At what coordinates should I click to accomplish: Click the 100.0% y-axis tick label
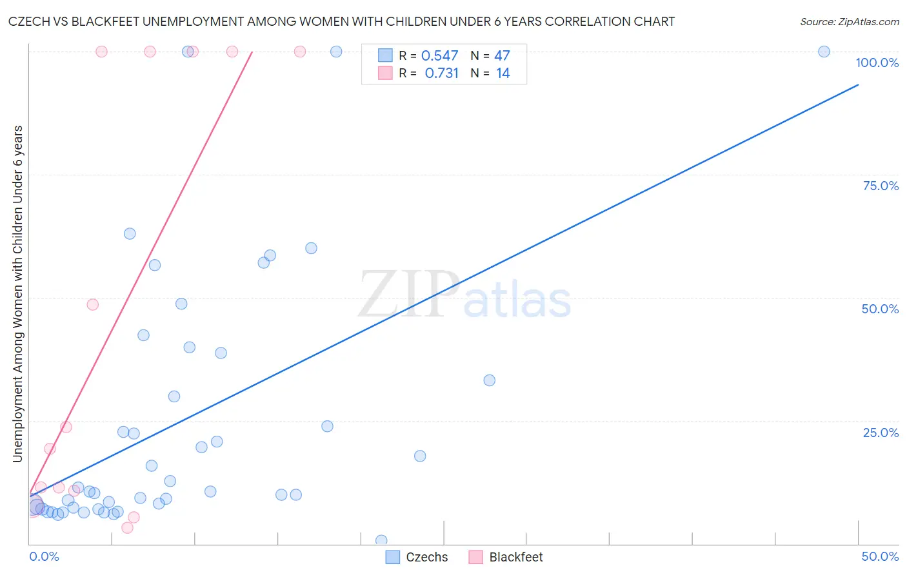point(877,63)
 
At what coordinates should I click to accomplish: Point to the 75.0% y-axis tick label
point(881,186)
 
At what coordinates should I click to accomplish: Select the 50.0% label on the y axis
point(880,309)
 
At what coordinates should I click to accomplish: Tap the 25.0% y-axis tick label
point(881,432)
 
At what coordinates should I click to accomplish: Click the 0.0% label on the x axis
point(44,556)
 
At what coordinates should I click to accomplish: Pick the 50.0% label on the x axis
point(880,556)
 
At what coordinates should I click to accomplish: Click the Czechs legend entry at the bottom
point(417,557)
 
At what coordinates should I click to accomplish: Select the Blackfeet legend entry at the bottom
point(506,557)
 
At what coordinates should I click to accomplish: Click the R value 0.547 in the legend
point(439,56)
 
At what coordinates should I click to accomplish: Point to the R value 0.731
point(441,73)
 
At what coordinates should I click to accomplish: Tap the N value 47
point(502,56)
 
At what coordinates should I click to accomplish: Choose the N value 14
point(503,73)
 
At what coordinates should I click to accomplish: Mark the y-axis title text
point(17,293)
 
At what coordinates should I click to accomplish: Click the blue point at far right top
point(824,52)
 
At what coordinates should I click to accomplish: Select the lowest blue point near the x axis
point(381,540)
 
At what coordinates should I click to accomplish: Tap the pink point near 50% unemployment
point(92,304)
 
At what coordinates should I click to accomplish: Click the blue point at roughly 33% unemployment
point(489,380)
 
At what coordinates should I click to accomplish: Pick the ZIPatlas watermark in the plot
point(464,295)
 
